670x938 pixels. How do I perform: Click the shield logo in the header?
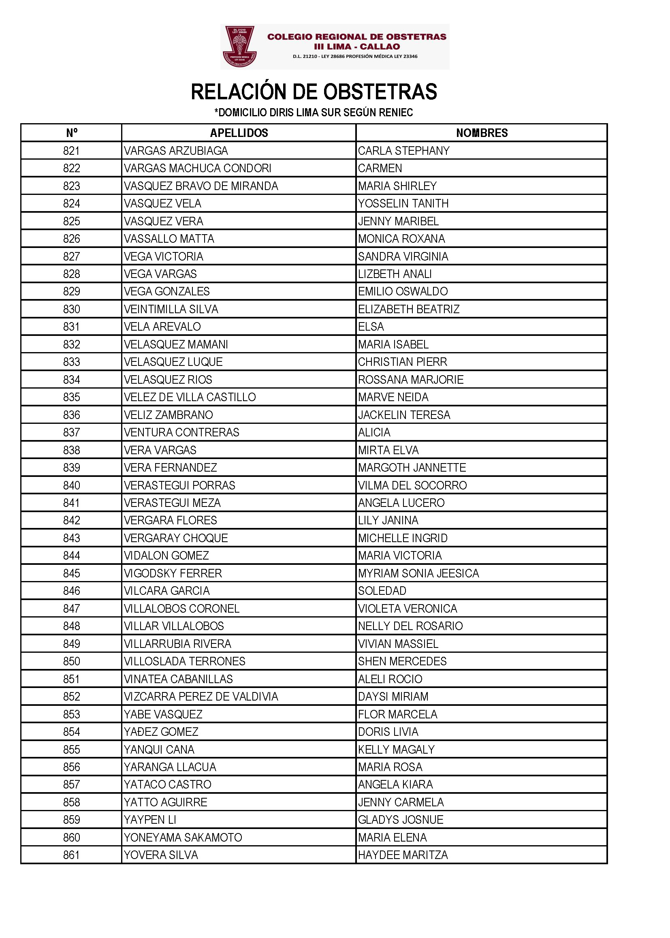[x=240, y=46]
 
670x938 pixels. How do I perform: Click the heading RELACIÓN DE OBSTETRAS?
[x=314, y=92]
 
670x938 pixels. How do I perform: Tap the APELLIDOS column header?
[x=239, y=133]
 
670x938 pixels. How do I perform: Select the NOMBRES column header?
[x=482, y=133]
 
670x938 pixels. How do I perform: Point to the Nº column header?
[x=71, y=133]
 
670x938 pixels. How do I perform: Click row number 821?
[x=71, y=151]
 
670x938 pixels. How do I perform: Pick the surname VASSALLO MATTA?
[x=169, y=239]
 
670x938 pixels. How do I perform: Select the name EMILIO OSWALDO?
[x=403, y=291]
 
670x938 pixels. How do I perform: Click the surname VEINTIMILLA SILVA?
[x=171, y=309]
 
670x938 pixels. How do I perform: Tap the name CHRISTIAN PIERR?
[x=402, y=362]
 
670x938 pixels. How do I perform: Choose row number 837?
[x=71, y=432]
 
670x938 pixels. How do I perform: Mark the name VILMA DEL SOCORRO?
[x=412, y=485]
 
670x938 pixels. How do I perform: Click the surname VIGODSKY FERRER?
[x=173, y=573]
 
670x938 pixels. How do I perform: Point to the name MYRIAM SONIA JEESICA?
[x=418, y=573]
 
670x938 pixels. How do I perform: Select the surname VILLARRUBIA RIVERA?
[x=177, y=644]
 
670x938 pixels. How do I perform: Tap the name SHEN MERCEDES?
[x=402, y=661]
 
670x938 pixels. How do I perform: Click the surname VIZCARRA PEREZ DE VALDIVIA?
[x=201, y=697]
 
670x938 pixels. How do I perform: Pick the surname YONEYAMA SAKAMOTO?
[x=183, y=837]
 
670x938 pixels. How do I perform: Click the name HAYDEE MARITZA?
[x=403, y=855]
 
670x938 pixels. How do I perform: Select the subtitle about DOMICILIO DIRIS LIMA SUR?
[x=314, y=112]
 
